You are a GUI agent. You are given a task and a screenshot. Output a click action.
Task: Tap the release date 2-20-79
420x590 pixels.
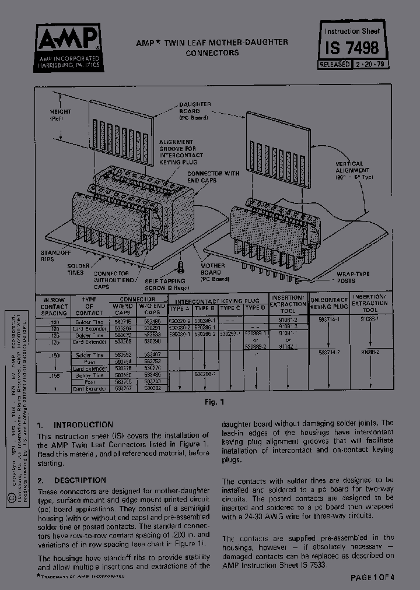pos(368,65)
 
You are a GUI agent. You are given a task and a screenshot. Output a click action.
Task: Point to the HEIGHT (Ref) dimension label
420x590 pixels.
pos(60,114)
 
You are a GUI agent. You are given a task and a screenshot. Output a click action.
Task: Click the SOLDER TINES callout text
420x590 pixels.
pos(78,269)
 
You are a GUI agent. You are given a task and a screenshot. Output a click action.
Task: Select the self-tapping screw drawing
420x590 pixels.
pos(180,269)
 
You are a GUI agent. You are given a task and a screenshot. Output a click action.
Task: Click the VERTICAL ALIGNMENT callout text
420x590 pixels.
pos(349,170)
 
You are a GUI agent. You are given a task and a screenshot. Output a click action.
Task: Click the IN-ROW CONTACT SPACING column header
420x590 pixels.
pos(54,306)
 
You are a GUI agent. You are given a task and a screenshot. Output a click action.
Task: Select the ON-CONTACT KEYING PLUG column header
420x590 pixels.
pos(329,302)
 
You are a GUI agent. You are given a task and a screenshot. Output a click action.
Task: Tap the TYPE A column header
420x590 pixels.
pos(179,308)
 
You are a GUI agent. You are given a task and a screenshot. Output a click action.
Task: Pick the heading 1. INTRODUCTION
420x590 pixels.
pos(75,425)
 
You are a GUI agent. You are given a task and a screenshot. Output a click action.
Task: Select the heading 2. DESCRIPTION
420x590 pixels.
pos(71,480)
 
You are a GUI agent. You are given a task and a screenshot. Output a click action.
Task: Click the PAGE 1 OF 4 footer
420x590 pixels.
pos(372,577)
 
